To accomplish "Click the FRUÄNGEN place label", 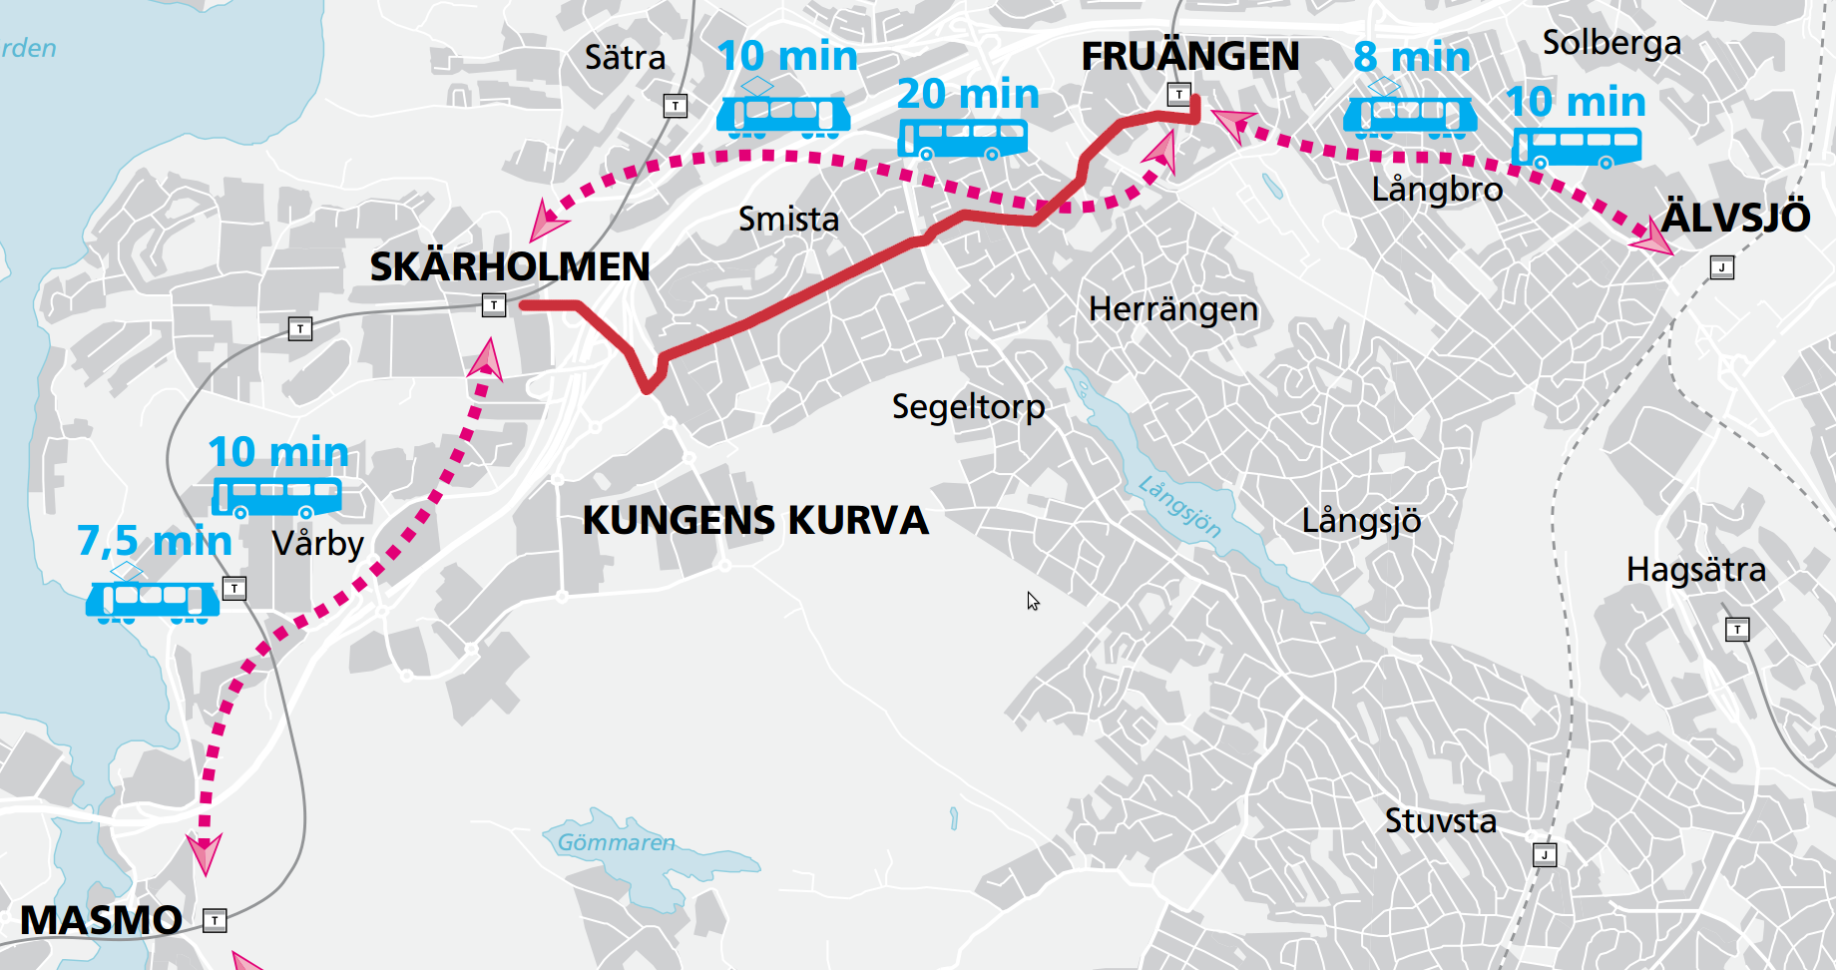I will click(1190, 57).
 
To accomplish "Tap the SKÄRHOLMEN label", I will click(510, 267).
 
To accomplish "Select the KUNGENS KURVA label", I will click(755, 521).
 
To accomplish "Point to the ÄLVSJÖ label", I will click(1735, 218).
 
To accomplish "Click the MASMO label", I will click(101, 920).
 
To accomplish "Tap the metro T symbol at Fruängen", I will click(1179, 95).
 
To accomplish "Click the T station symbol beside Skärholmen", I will click(494, 305).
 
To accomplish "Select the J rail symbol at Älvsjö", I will click(1722, 267).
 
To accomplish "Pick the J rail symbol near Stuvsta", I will click(1545, 855).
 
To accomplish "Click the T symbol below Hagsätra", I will click(1737, 630).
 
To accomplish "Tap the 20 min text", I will click(968, 94).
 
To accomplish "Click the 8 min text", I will click(1411, 57).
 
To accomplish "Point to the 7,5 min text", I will click(155, 541).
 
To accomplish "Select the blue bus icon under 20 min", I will click(963, 139).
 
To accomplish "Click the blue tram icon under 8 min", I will click(1410, 116).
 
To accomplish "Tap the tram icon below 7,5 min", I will click(152, 600).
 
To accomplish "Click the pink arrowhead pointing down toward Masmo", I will click(205, 853).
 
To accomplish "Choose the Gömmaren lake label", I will click(616, 843).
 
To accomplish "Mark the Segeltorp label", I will click(968, 407).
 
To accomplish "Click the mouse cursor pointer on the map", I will click(1033, 601).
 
